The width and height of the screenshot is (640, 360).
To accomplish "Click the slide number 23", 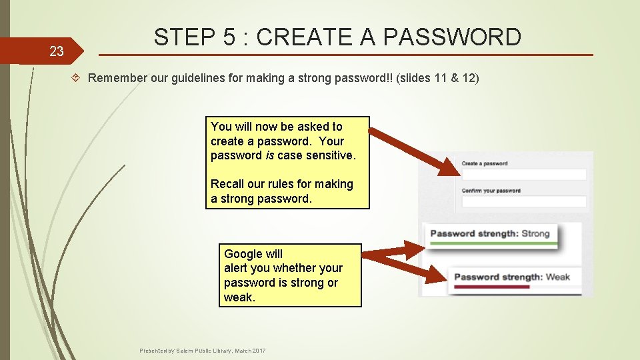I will (x=56, y=51).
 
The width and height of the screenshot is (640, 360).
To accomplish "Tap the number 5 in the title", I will (x=231, y=37).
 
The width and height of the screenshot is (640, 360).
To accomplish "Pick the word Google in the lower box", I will (x=244, y=254).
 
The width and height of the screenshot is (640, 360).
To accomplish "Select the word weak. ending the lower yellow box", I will (x=239, y=297).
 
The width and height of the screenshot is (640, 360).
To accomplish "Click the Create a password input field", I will (x=524, y=175).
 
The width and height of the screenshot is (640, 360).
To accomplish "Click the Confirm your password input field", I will (x=524, y=201).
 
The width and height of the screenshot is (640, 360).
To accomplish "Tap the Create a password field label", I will (x=485, y=163).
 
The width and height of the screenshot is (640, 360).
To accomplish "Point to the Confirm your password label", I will (x=491, y=191).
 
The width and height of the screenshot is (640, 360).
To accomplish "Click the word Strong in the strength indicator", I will (x=535, y=233).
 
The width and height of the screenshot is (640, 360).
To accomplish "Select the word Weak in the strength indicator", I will (x=557, y=277).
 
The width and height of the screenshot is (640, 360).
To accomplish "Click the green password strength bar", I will (x=493, y=244).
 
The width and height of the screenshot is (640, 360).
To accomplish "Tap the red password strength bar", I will (x=491, y=287).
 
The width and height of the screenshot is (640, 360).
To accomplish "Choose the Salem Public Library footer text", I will (x=202, y=350).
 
